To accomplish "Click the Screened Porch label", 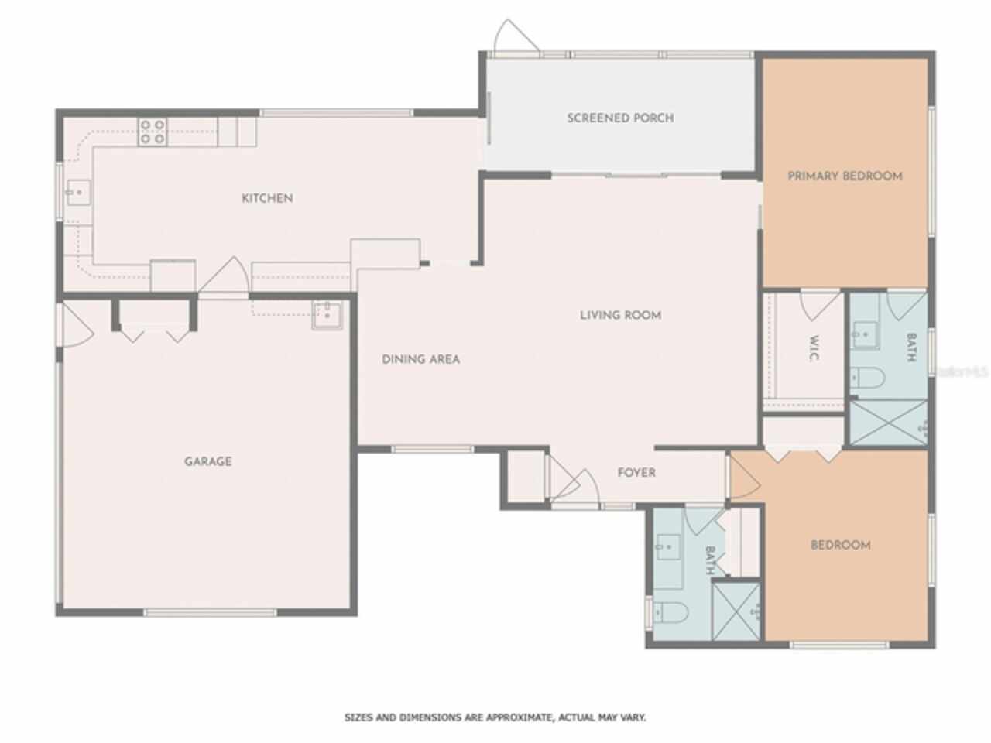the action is pyautogui.click(x=620, y=118).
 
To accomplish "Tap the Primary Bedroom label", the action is pyautogui.click(x=845, y=176).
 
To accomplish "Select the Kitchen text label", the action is pyautogui.click(x=267, y=198).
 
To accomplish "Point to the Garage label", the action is pyautogui.click(x=208, y=461).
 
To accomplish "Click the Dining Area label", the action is pyautogui.click(x=420, y=359).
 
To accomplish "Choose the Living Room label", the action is pyautogui.click(x=621, y=315).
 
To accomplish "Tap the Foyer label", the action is pyautogui.click(x=636, y=472).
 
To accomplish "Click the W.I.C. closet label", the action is pyautogui.click(x=814, y=348).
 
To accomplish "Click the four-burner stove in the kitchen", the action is pyautogui.click(x=153, y=132).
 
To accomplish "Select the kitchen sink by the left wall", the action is pyautogui.click(x=79, y=193).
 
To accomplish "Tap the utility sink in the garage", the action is pyautogui.click(x=327, y=315).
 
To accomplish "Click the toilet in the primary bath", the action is pyautogui.click(x=867, y=378).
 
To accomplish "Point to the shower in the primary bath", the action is pyautogui.click(x=889, y=423).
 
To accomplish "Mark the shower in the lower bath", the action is pyautogui.click(x=736, y=611).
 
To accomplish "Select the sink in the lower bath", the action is pyautogui.click(x=668, y=547).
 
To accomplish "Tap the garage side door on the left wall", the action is pyautogui.click(x=76, y=325).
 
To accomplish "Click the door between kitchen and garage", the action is pyautogui.click(x=225, y=276).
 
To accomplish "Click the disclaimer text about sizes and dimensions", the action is pyautogui.click(x=495, y=717).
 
